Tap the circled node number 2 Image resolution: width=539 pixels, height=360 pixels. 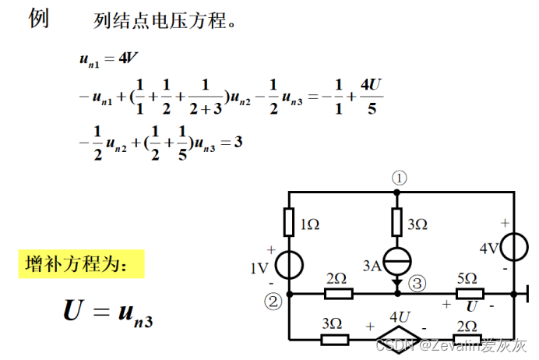pos(273,301)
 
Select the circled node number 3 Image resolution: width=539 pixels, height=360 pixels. pos(417,284)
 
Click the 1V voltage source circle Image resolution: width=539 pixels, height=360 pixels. pos(289,266)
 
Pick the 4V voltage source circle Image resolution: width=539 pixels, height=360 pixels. pos(515,247)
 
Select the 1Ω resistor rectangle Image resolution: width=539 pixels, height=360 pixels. pos(289,221)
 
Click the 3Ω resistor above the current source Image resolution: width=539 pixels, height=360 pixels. pos(397,218)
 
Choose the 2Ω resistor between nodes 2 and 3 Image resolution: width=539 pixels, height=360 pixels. pos(339,294)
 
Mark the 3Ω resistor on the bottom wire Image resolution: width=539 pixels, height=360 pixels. pos(335,340)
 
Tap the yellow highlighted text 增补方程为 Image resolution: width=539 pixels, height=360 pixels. pos(82,264)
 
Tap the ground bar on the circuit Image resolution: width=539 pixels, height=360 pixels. pos(527,294)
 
